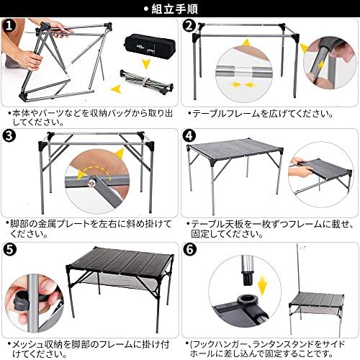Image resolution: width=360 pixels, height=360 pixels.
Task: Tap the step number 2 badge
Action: click(189, 27)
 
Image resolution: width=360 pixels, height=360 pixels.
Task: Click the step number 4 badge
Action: click(189, 136)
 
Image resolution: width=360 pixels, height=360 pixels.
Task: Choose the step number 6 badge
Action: click(189, 250)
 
